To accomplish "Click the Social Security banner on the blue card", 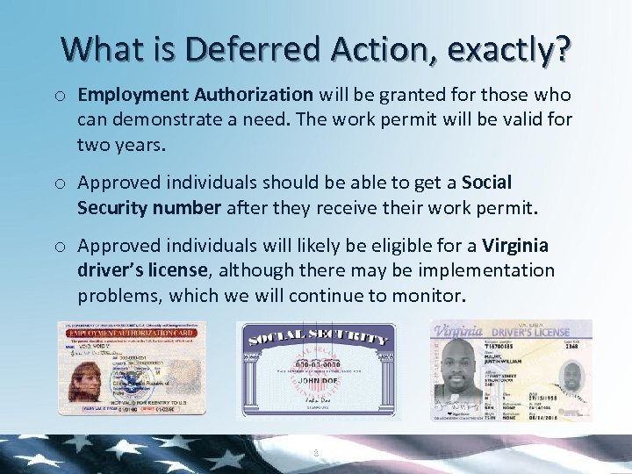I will pos(316,336).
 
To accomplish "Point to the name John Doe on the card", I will pos(315,381).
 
